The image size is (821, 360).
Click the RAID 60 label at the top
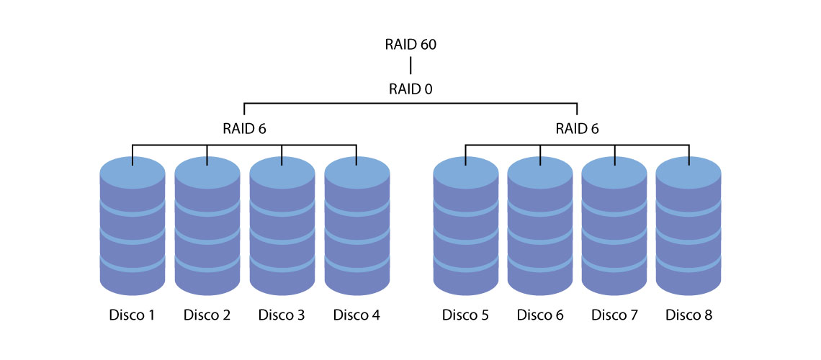click(x=410, y=45)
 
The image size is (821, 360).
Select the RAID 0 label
click(x=410, y=89)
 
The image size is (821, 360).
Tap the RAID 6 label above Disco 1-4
click(x=244, y=129)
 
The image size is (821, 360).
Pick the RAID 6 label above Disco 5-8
click(x=577, y=129)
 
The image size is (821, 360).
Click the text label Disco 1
click(x=133, y=315)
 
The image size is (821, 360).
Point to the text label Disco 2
click(x=207, y=315)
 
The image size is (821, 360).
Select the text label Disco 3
click(x=282, y=315)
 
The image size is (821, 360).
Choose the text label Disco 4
click(x=356, y=315)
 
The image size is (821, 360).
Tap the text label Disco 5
click(x=465, y=315)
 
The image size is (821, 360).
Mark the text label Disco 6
click(x=540, y=315)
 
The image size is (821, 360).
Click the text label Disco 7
click(x=615, y=315)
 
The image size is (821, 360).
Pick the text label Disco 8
click(x=689, y=315)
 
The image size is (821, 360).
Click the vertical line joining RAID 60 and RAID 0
click(x=410, y=66)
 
